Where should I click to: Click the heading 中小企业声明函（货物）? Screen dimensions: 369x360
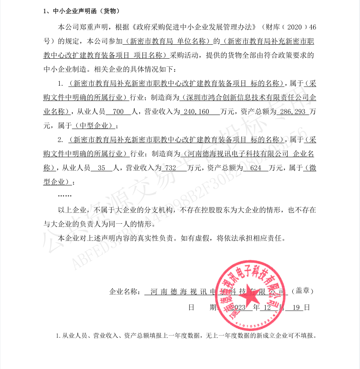pos(82,10)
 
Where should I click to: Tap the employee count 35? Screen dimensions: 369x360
pos(101,168)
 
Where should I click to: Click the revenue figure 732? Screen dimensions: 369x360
pos(170,168)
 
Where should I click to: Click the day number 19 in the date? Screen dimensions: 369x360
pos(296,307)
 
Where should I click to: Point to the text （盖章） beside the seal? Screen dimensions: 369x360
pos(303,291)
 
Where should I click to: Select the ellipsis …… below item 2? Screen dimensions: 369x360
pos(65,196)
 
